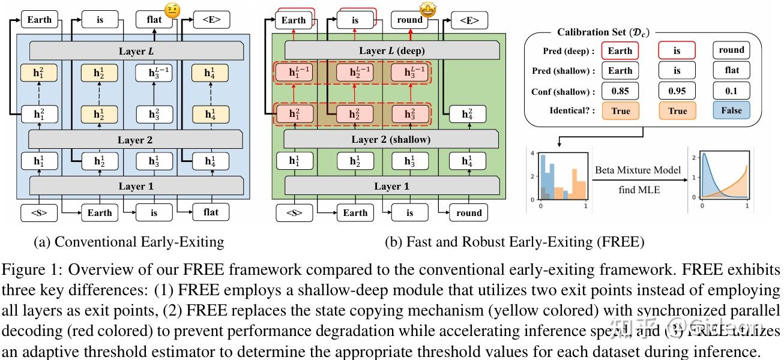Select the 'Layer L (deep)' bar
[x=391, y=50]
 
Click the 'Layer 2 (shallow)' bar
[x=391, y=139]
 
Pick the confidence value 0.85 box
[x=620, y=91]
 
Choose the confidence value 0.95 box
[x=677, y=91]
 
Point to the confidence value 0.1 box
[x=731, y=91]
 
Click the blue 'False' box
[x=731, y=111]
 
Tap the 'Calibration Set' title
[x=603, y=32]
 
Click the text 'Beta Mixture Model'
[x=638, y=170]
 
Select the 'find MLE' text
[x=638, y=190]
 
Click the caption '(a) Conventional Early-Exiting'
[x=130, y=242]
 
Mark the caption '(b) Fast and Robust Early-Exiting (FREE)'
[x=514, y=242]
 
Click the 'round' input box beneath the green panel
[x=469, y=212]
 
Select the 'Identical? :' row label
[x=570, y=111]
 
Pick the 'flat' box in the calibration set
[x=731, y=71]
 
